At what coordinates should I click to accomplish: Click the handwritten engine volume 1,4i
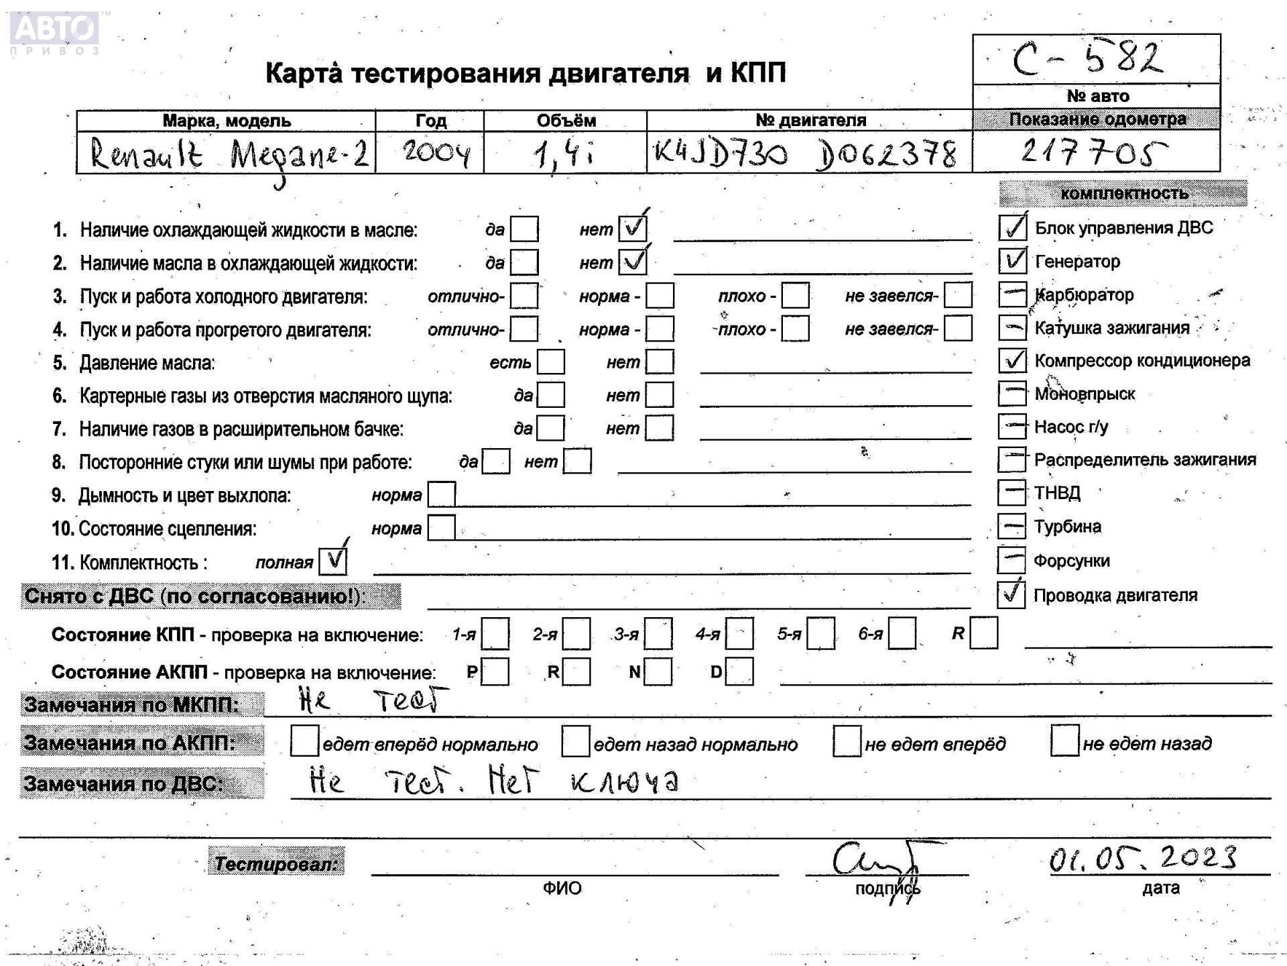(x=563, y=155)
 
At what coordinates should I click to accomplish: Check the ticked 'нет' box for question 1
(x=632, y=229)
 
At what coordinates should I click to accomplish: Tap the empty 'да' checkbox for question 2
(x=524, y=262)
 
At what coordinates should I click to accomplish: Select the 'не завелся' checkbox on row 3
(x=958, y=295)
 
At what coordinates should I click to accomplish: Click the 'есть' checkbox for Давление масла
(x=550, y=362)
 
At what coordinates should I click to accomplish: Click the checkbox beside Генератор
(x=1012, y=260)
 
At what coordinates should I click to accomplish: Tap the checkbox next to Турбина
(x=1012, y=526)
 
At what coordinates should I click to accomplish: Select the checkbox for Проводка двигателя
(x=1011, y=594)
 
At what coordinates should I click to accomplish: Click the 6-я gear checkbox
(x=902, y=634)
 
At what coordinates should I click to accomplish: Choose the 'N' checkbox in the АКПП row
(x=658, y=672)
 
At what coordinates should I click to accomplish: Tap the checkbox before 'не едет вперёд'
(x=847, y=741)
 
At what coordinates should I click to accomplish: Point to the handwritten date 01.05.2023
(x=1142, y=859)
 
